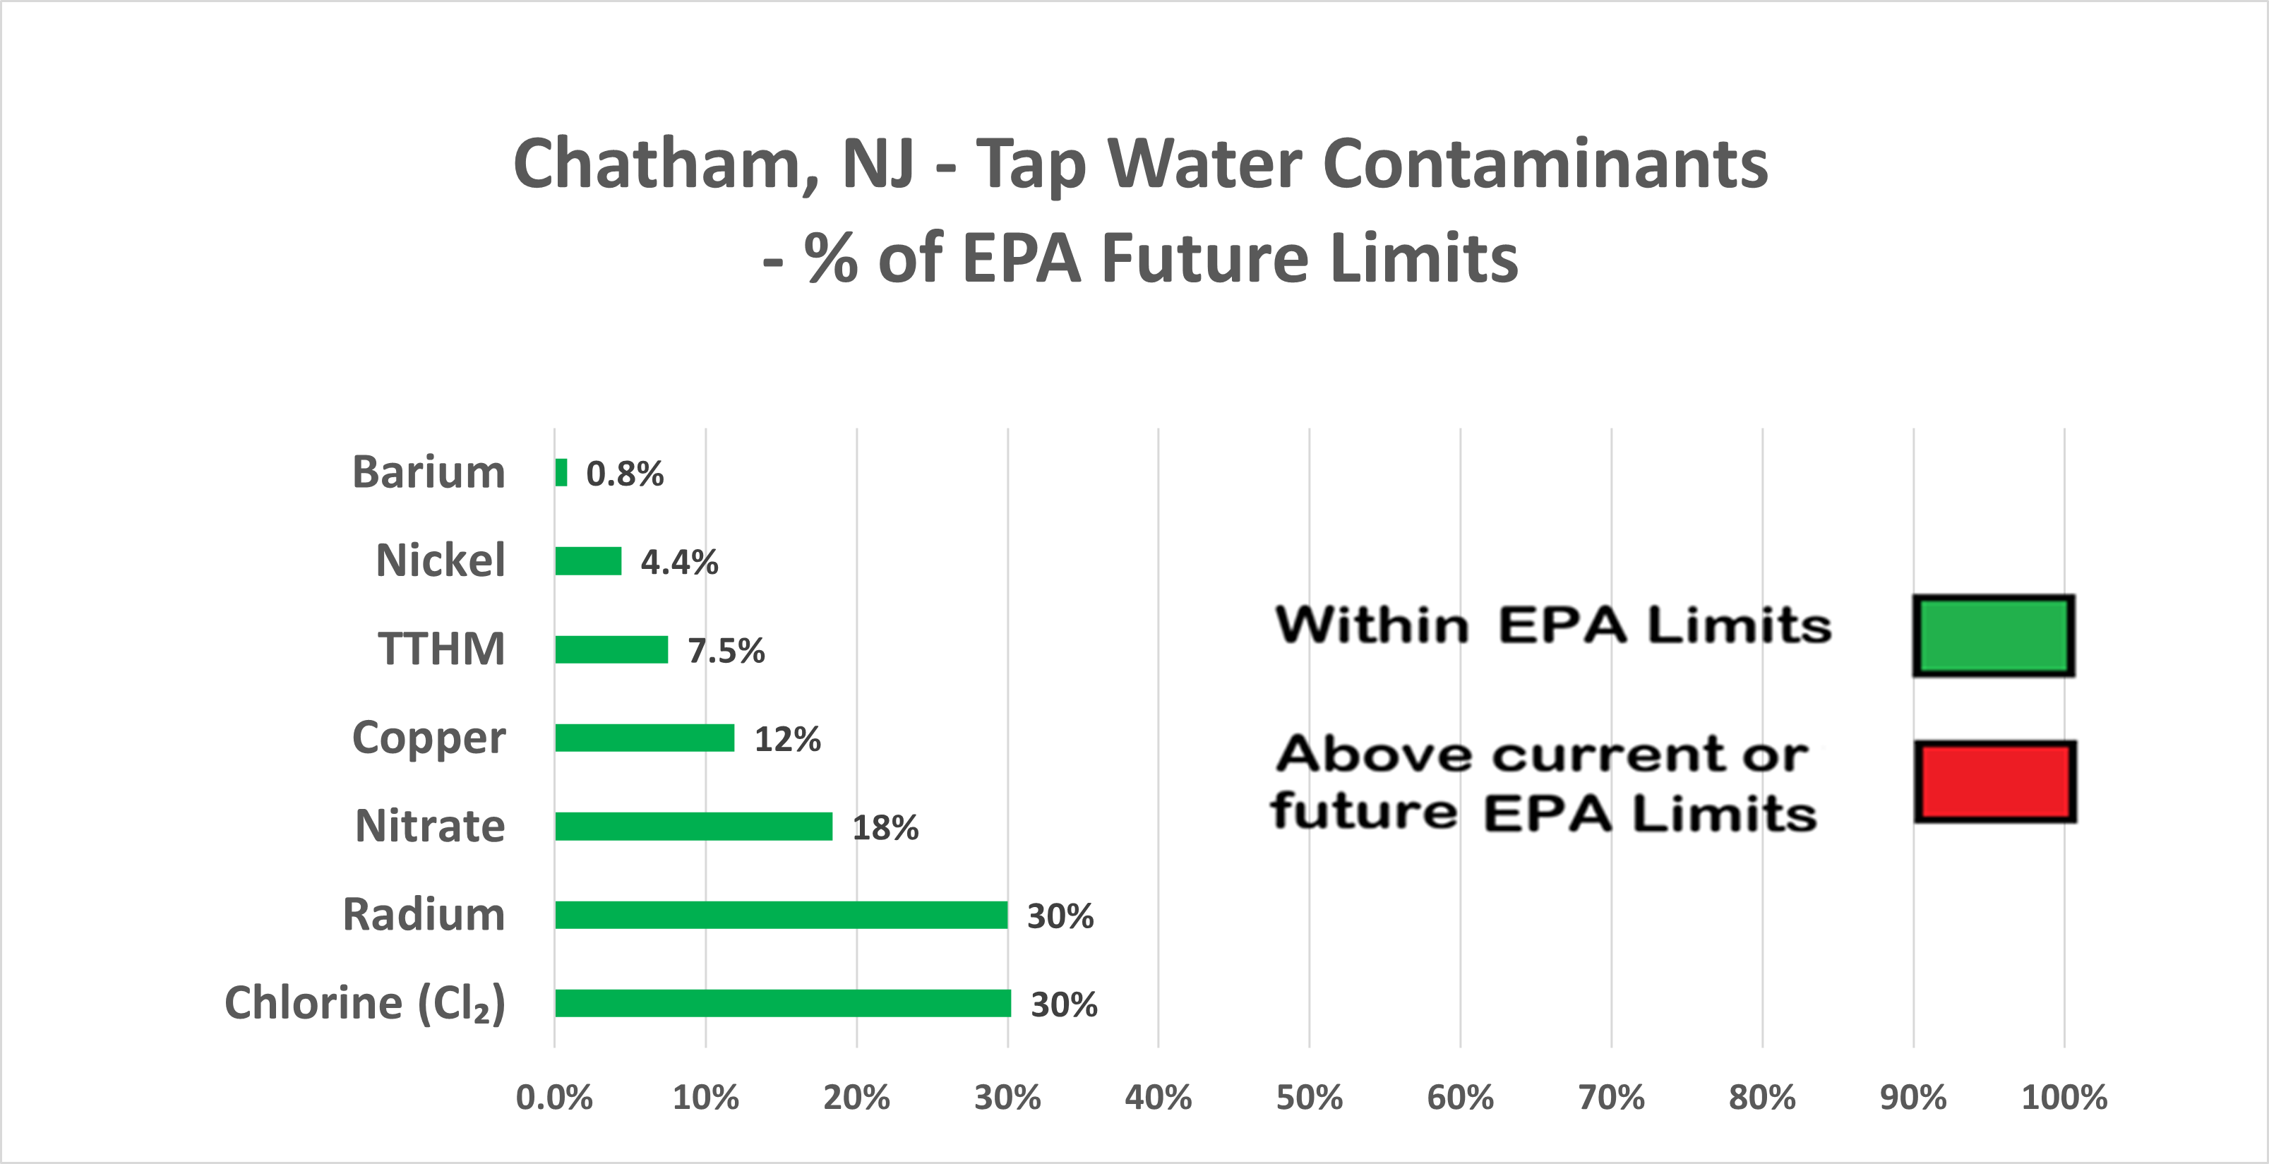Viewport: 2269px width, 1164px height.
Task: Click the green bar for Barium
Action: pos(561,473)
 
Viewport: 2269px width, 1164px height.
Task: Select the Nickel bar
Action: pos(588,561)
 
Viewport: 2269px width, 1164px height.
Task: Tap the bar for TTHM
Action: pos(611,650)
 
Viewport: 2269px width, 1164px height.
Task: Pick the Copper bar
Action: pos(645,738)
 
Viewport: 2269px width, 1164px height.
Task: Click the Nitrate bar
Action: pos(694,827)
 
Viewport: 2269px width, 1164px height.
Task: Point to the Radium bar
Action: pos(782,915)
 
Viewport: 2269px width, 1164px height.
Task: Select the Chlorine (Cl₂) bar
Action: pos(783,1004)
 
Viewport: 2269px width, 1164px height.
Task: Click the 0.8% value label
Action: pos(625,474)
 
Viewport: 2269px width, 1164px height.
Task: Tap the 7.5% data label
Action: pos(726,651)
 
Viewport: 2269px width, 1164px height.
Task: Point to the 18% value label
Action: pos(885,828)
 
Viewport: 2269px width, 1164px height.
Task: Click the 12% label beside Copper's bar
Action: pos(787,739)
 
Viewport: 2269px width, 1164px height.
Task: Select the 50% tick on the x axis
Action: pos(1309,1098)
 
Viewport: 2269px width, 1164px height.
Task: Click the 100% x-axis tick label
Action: pos(2064,1098)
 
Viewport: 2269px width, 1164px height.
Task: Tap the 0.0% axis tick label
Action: pos(554,1098)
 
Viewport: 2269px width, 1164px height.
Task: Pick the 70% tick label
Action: pos(1611,1098)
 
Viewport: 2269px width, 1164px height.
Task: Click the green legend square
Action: pos(1993,636)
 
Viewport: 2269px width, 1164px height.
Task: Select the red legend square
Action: pos(1995,782)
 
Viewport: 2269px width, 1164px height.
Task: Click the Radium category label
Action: pos(424,914)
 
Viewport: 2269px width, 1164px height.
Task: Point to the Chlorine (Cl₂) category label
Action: pos(365,1003)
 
